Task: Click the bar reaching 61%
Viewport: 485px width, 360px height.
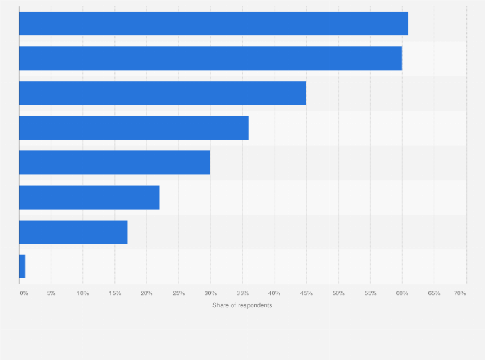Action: pos(214,24)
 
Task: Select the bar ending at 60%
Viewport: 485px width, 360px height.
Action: pos(210,59)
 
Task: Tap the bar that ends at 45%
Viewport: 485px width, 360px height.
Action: pos(162,93)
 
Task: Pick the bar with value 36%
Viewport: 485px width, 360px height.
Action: pos(134,128)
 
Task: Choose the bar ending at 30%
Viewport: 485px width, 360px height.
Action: pos(114,163)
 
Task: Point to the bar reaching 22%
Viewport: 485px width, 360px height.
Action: pos(89,197)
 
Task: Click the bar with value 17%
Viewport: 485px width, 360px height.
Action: pos(73,232)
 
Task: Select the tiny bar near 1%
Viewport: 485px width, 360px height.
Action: pos(22,267)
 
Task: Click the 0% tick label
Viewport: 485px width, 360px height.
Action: pos(24,293)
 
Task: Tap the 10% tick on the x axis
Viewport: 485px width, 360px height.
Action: pos(83,293)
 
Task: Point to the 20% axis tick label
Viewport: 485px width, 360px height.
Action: pos(147,293)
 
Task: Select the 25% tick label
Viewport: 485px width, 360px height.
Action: pos(179,293)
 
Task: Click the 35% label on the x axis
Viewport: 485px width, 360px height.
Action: pos(243,293)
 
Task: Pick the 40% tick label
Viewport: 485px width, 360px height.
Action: pos(274,293)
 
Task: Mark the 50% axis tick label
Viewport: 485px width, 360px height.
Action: pos(338,293)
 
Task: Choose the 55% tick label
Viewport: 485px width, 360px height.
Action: pos(370,293)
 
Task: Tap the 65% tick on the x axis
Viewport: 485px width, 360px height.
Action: pos(434,293)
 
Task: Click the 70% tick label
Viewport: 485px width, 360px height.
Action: pos(460,293)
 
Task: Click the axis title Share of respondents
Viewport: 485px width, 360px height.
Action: pos(243,305)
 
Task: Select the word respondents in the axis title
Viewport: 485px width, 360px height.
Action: pos(255,305)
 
